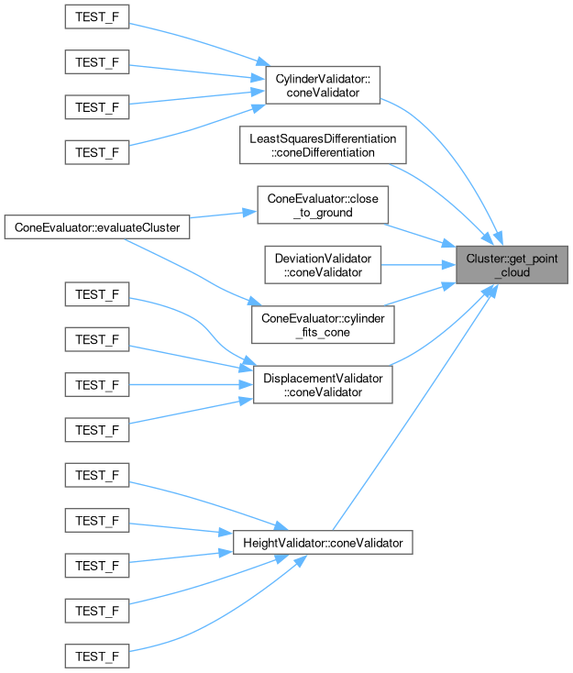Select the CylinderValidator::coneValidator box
[322, 86]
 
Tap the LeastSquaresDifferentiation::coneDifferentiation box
[322, 146]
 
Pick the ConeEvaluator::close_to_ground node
[323, 205]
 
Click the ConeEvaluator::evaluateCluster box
[97, 226]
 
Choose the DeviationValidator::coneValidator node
[322, 265]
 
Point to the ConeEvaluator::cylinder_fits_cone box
[322, 325]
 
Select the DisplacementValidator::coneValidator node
[322, 384]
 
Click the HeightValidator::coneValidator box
[322, 543]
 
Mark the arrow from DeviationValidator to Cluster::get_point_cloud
[417, 265]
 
